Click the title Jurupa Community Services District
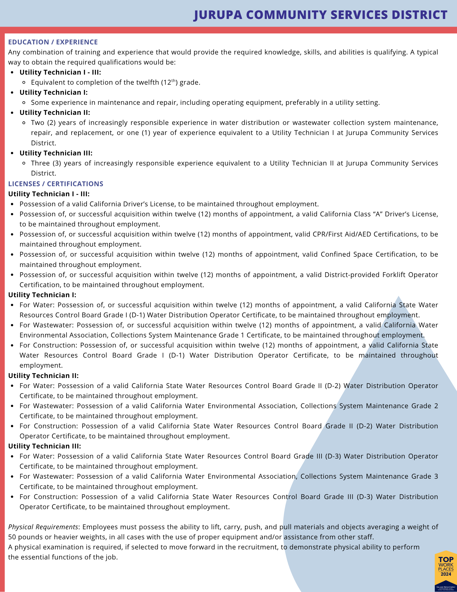(320, 15)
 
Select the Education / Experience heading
(53, 42)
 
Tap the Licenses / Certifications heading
(56, 184)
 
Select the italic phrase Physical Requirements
(43, 527)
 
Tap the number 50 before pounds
(12, 537)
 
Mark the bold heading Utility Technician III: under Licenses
(44, 446)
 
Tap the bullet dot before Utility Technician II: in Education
(12, 113)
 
